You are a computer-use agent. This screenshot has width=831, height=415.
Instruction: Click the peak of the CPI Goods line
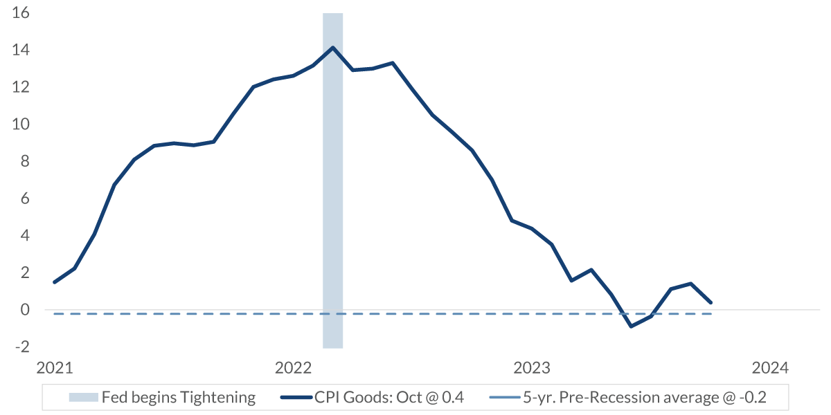pyautogui.click(x=333, y=48)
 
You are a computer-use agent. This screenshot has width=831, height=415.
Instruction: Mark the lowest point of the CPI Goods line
pyautogui.click(x=631, y=326)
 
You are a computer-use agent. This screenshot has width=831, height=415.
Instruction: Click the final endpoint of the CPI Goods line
pyautogui.click(x=711, y=302)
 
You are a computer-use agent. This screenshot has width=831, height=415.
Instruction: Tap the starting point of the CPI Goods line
pyautogui.click(x=54, y=282)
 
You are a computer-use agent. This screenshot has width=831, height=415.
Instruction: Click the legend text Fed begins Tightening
pyautogui.click(x=179, y=398)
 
